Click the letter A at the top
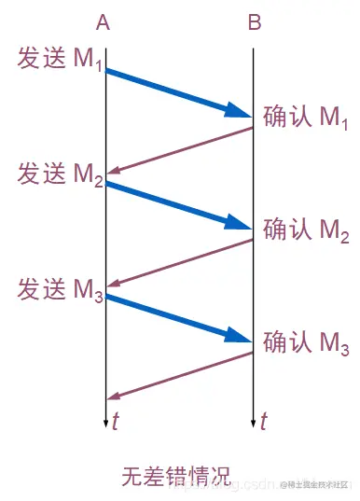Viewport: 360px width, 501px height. (104, 24)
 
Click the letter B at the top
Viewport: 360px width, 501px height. (254, 24)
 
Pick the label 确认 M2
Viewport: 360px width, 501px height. (305, 230)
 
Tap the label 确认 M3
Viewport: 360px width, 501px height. (305, 343)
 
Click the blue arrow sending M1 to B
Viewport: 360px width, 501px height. (177, 93)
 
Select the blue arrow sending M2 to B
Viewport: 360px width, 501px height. (177, 206)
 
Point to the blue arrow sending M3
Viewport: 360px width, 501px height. (177, 319)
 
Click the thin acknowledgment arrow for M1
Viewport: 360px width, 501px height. (179, 150)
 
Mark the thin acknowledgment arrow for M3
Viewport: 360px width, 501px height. (179, 376)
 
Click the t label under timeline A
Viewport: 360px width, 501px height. (115, 422)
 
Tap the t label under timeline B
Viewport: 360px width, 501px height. (264, 422)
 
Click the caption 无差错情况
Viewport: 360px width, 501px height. (175, 474)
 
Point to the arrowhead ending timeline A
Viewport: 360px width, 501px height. (105, 422)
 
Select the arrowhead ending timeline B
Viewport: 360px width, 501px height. (254, 422)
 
